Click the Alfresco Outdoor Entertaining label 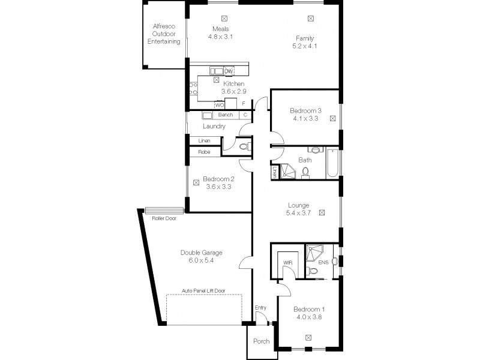pyautogui.click(x=165, y=34)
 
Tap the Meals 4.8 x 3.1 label pyautogui.click(x=220, y=32)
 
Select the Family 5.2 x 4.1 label pyautogui.click(x=305, y=41)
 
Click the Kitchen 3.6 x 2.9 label pyautogui.click(x=233, y=88)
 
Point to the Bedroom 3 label pyautogui.click(x=306, y=110)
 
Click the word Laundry pyautogui.click(x=214, y=126)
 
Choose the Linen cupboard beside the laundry pyautogui.click(x=204, y=140)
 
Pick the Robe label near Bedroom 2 pyautogui.click(x=204, y=152)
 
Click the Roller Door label pyautogui.click(x=164, y=218)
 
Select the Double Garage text pyautogui.click(x=197, y=253)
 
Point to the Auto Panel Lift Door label pyautogui.click(x=204, y=290)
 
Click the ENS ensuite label pyautogui.click(x=323, y=262)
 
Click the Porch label pyautogui.click(x=261, y=341)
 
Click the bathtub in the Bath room pyautogui.click(x=333, y=164)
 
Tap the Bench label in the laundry pyautogui.click(x=225, y=115)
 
